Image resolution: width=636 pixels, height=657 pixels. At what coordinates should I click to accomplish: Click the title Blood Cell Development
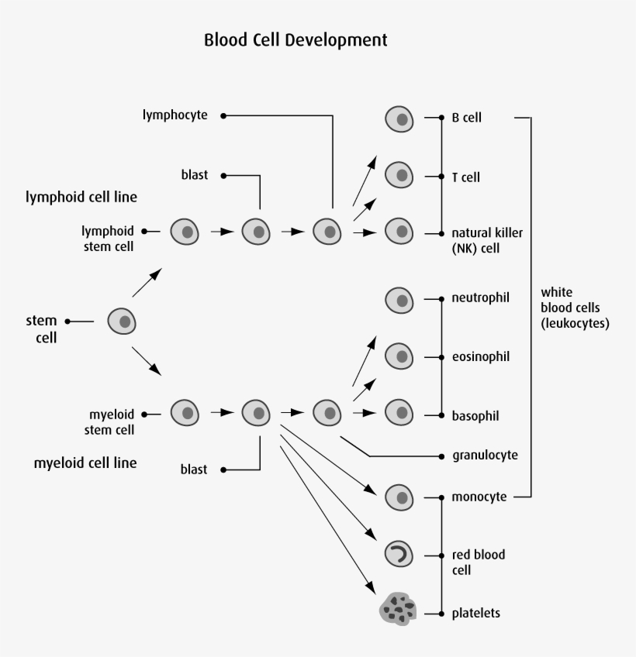296,40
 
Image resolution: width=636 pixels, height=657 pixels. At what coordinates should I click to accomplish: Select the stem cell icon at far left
122,321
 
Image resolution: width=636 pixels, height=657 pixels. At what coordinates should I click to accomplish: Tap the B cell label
466,119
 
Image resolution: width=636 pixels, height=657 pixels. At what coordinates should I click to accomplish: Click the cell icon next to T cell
400,176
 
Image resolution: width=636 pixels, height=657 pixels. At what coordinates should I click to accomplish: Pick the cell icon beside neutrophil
400,300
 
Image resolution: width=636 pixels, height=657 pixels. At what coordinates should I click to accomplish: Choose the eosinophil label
480,357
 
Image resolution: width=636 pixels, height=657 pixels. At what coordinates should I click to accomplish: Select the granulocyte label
485,455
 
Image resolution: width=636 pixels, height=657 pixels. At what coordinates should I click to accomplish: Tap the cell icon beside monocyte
400,496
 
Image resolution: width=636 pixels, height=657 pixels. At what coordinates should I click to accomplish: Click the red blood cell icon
400,554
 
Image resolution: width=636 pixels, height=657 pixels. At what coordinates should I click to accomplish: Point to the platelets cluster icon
399,610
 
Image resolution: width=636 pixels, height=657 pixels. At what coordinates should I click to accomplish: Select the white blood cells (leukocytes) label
575,308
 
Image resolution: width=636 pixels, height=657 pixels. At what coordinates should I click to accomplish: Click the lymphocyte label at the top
175,115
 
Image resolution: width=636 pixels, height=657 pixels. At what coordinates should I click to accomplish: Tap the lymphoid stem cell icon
185,231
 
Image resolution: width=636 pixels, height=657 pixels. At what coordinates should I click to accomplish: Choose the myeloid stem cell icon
185,414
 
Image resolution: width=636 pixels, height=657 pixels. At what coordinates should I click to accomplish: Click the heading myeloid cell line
85,463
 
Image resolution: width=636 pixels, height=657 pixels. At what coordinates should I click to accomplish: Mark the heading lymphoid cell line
81,197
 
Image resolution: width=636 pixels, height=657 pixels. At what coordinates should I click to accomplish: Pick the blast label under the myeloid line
194,470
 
